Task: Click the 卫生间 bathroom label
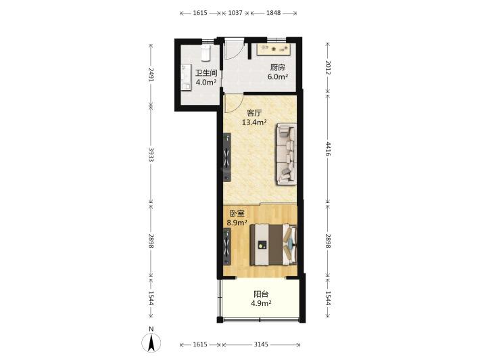pyautogui.click(x=206, y=73)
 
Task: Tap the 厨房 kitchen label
pyautogui.click(x=277, y=68)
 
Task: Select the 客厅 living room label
pyautogui.click(x=254, y=113)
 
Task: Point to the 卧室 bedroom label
pyautogui.click(x=237, y=213)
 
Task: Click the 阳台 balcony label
pyautogui.click(x=261, y=294)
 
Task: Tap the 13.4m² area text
pyautogui.click(x=254, y=122)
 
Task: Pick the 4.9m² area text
pyautogui.click(x=261, y=304)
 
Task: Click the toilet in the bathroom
pyautogui.click(x=206, y=53)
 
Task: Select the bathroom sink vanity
pyautogui.click(x=185, y=78)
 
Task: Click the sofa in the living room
pyautogui.click(x=287, y=154)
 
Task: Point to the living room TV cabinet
pyautogui.click(x=227, y=158)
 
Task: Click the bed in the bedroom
pyautogui.click(x=274, y=245)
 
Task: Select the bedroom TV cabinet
pyautogui.click(x=227, y=246)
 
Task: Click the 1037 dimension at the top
pyautogui.click(x=235, y=13)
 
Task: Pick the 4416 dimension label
pyautogui.click(x=328, y=149)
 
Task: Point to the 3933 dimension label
pyautogui.click(x=151, y=154)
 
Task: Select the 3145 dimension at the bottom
pyautogui.click(x=261, y=344)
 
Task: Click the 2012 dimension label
pyautogui.click(x=328, y=68)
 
